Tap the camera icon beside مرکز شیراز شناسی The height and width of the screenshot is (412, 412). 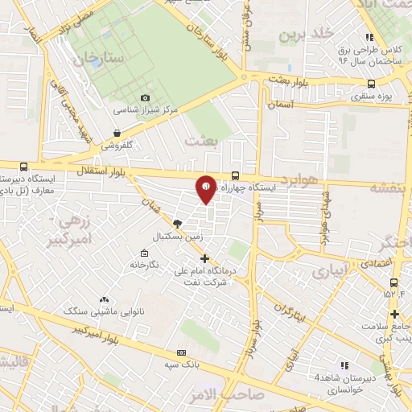click(146, 97)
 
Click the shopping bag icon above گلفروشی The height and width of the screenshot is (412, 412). click(117, 134)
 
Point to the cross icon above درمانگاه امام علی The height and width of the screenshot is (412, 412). click(204, 259)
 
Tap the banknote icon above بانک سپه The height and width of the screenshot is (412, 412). click(181, 352)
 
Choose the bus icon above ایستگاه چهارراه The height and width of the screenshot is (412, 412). click(235, 175)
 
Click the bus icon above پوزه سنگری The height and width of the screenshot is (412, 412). click(371, 83)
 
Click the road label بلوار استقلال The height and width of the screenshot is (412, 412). click(102, 172)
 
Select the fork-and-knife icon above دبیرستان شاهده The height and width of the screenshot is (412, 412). click(344, 365)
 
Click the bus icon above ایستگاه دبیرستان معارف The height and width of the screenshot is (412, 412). click(23, 167)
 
